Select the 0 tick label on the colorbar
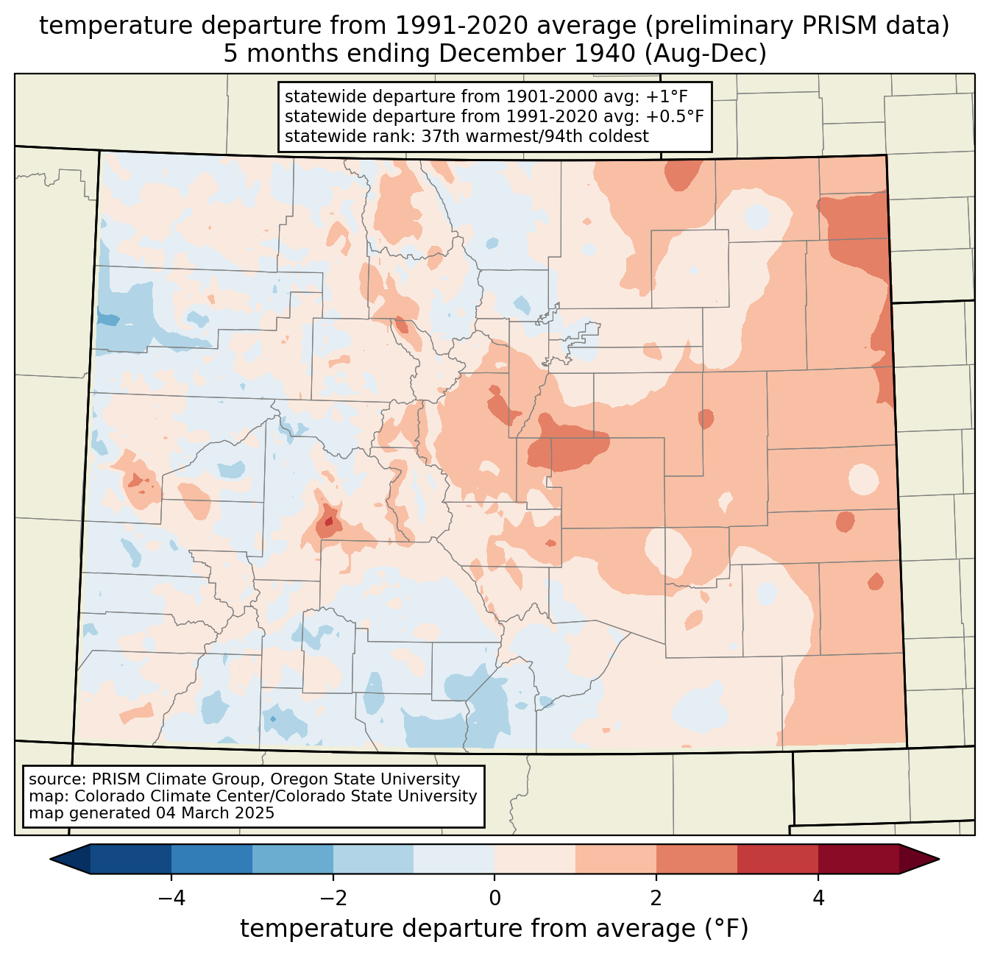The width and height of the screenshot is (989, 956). [494, 898]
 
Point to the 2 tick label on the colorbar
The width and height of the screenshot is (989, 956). [656, 898]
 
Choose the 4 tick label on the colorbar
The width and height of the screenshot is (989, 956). [818, 898]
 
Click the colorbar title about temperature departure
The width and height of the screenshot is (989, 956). [494, 929]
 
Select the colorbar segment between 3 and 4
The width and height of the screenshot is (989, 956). [778, 859]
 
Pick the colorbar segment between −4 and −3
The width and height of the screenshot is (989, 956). [212, 859]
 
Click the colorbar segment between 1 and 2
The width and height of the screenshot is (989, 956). [616, 859]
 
